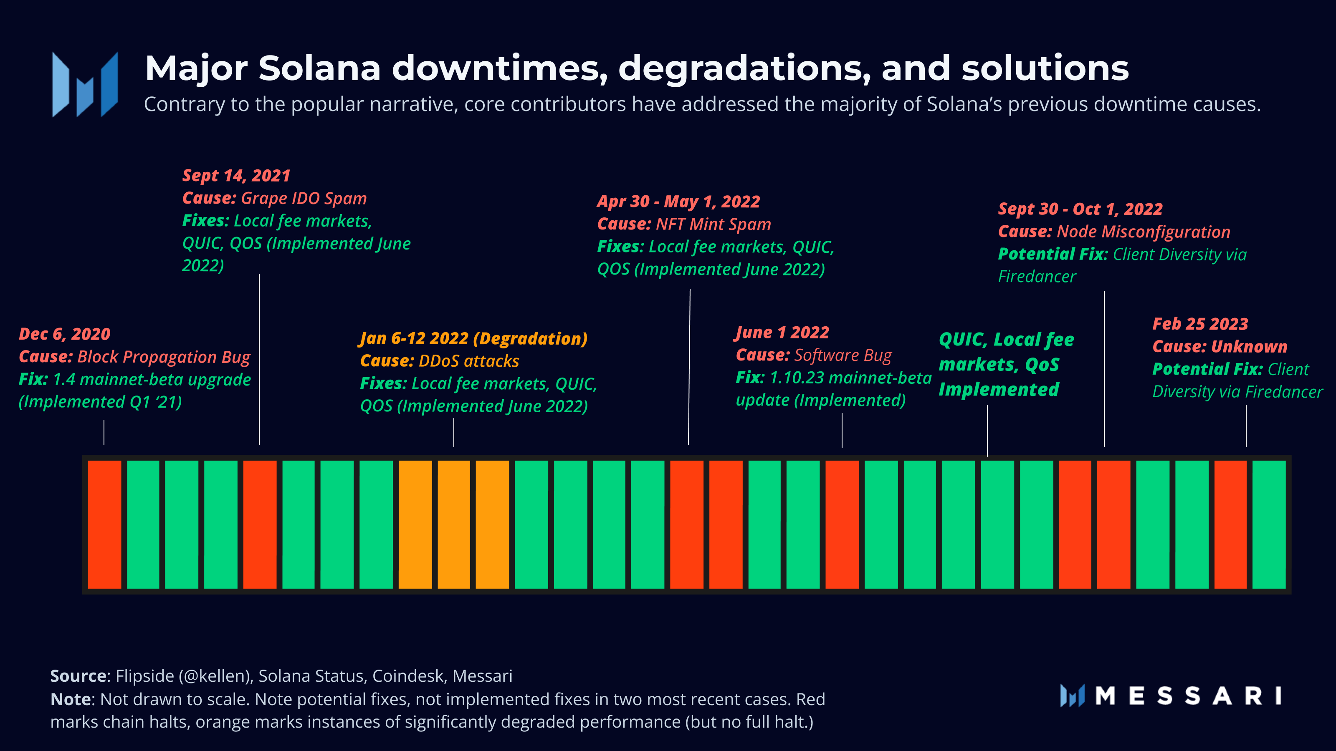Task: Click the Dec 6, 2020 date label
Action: pyautogui.click(x=65, y=334)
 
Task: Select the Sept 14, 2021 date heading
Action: pyautogui.click(x=236, y=176)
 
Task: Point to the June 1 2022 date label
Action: pyautogui.click(x=782, y=332)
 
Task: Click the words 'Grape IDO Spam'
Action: pyautogui.click(x=304, y=199)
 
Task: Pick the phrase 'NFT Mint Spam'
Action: pyautogui.click(x=713, y=224)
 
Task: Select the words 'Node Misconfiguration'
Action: pyautogui.click(x=1143, y=232)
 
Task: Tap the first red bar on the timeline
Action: pyautogui.click(x=104, y=524)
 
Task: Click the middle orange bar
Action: pyautogui.click(x=454, y=524)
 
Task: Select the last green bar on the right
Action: pyautogui.click(x=1269, y=524)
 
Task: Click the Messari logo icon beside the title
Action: pyautogui.click(x=84, y=84)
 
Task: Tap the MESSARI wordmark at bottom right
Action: pyautogui.click(x=1188, y=696)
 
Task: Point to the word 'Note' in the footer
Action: pyautogui.click(x=71, y=699)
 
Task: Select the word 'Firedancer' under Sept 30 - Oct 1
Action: pyautogui.click(x=1037, y=277)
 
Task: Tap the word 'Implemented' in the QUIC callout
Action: pyautogui.click(x=998, y=389)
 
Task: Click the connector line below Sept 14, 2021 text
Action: pyautogui.click(x=259, y=358)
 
